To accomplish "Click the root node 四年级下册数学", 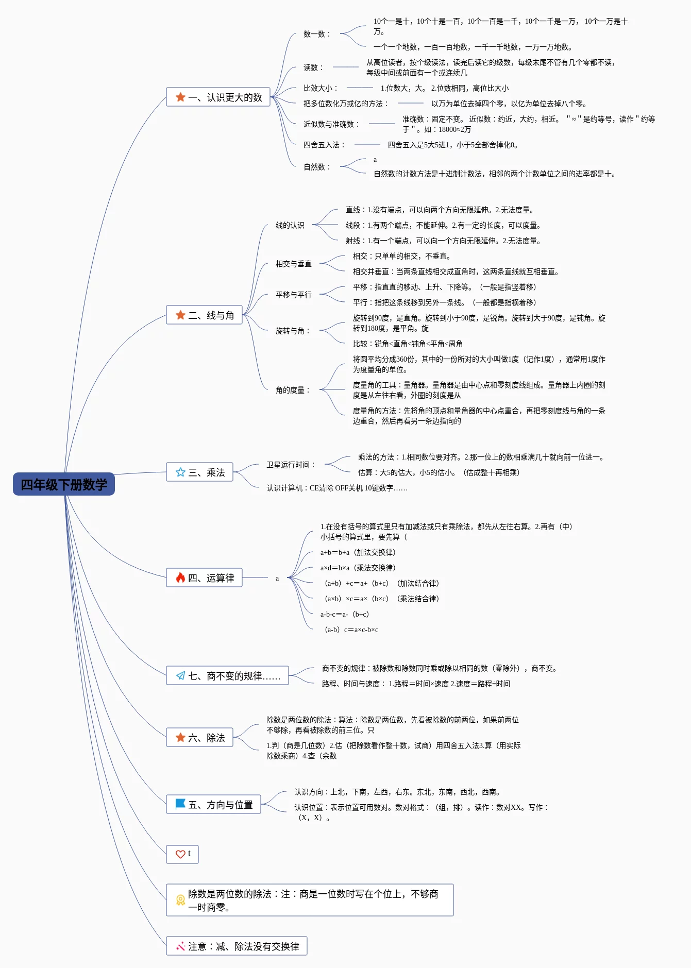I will [64, 484].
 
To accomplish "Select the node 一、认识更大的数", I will [218, 97].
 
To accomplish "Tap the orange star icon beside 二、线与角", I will [180, 315].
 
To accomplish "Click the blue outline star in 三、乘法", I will [180, 472].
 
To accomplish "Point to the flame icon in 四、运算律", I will [180, 578].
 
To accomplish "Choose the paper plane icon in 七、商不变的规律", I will [180, 676].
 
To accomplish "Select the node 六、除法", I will [199, 738].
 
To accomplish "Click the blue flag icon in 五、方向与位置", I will [180, 804].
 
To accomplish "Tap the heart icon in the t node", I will [180, 854].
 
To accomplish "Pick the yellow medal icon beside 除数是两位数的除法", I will [180, 900].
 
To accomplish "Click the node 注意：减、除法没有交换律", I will [237, 946].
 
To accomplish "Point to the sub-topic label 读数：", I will [313, 67].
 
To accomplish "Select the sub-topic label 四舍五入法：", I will [324, 145].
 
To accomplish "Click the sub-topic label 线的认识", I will [290, 225].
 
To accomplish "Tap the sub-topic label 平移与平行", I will [293, 295].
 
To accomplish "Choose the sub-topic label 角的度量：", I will [293, 390].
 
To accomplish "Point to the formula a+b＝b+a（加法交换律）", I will [358, 552].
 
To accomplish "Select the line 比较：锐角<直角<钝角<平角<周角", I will [408, 344].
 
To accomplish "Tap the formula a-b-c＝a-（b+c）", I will [345, 614].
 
